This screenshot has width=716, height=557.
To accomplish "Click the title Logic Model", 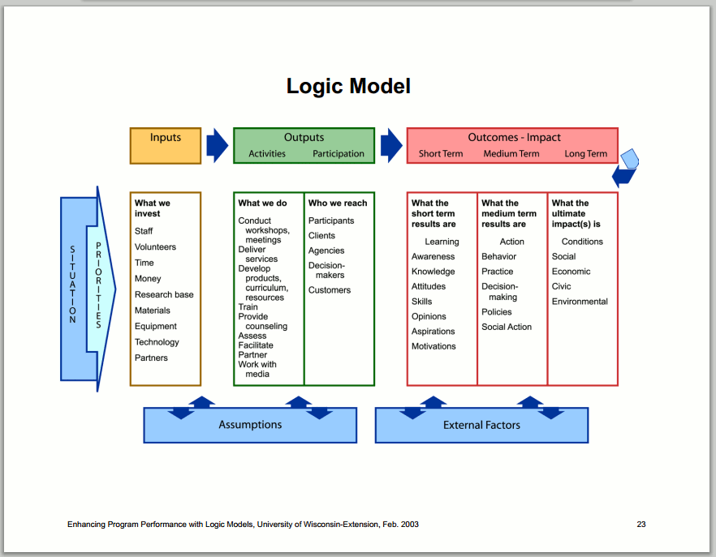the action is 348,86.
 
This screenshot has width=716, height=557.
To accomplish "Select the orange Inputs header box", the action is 166,145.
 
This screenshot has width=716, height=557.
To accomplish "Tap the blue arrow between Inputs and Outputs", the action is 217,145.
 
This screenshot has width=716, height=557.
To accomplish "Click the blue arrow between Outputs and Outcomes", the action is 391,145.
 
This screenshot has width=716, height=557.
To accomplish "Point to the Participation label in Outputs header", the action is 339,154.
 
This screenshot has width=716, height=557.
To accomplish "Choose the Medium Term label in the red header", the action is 511,154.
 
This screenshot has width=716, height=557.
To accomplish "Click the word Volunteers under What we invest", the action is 155,246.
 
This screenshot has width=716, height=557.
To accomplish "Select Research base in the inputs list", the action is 164,294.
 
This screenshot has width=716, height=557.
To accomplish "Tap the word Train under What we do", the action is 248,307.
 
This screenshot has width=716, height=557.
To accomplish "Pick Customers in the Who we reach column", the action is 330,290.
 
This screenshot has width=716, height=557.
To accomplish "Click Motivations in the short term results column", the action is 433,346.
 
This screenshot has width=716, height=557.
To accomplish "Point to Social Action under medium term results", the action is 507,327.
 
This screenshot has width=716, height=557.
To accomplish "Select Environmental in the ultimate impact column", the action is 580,302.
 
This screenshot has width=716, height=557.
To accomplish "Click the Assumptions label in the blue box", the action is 250,425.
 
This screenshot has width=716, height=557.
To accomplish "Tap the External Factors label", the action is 481,425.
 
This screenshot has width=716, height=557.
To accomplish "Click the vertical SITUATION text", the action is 72,285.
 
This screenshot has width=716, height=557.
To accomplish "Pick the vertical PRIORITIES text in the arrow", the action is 98,285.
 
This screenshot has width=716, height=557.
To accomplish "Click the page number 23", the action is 641,524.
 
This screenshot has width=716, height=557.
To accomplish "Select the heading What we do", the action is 262,203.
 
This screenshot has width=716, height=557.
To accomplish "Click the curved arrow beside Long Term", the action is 626,168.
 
